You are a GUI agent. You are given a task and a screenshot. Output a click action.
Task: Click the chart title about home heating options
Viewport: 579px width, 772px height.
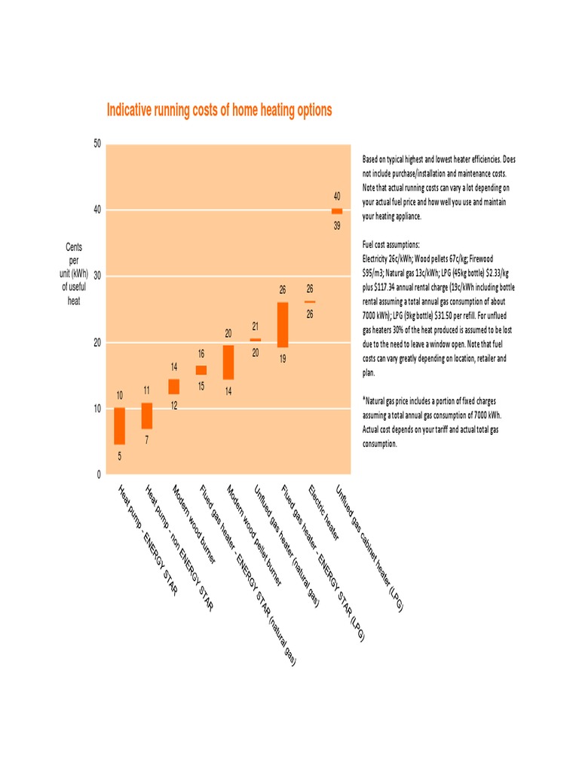point(219,110)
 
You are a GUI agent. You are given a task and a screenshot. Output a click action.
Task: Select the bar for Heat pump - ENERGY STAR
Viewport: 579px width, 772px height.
point(119,426)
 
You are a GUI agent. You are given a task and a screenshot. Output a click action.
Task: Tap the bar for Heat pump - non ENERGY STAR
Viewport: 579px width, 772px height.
point(147,415)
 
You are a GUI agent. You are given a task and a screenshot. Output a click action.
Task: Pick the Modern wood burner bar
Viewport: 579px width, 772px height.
point(174,387)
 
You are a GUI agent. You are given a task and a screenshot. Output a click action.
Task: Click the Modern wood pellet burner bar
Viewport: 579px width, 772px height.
point(228,362)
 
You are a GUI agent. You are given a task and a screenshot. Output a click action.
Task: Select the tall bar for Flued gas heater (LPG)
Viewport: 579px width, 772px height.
point(283,325)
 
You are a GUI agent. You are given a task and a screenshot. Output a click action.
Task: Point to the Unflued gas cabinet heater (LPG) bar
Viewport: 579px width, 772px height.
point(337,211)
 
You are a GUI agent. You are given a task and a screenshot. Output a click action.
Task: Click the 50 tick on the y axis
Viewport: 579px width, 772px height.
point(97,143)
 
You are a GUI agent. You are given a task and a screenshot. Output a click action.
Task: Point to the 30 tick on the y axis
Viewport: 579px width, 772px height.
point(97,276)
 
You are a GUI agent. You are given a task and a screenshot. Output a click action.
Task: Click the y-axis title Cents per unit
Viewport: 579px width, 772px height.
point(74,274)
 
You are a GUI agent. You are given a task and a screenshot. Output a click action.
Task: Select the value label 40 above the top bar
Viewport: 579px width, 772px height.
point(337,196)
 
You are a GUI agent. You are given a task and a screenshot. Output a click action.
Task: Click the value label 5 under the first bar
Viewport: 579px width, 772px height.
point(119,457)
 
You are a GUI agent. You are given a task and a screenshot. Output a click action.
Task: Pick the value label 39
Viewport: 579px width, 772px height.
point(337,226)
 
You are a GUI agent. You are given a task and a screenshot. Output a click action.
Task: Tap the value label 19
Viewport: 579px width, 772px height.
point(283,360)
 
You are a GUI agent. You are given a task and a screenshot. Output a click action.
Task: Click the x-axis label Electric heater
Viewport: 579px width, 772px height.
point(324,513)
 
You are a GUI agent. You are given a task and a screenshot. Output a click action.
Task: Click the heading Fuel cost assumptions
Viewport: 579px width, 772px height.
point(391,246)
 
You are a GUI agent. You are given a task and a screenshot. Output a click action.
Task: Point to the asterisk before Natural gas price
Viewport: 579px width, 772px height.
point(363,400)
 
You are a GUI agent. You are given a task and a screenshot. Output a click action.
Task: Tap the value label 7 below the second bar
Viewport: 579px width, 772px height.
point(147,440)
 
